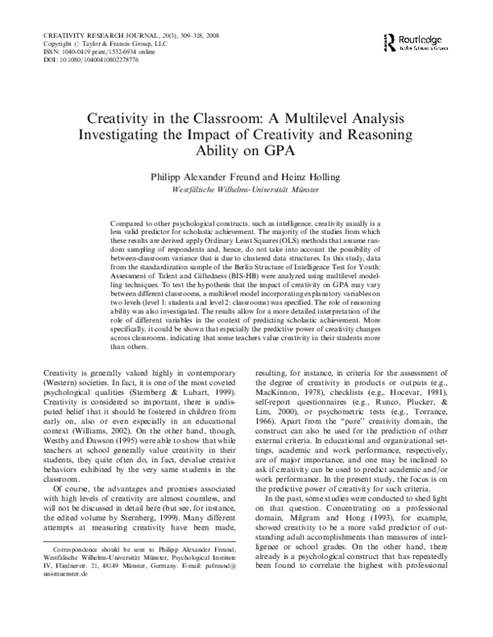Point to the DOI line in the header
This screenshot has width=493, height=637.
point(80,60)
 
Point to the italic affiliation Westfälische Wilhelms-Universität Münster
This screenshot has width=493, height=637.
point(246,189)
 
